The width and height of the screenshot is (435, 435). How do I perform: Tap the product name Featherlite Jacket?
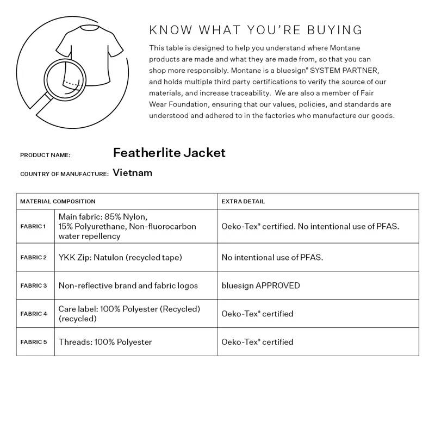[x=169, y=153]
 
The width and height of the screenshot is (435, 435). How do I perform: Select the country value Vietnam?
[x=133, y=173]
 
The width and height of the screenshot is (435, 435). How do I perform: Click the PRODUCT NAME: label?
[x=45, y=155]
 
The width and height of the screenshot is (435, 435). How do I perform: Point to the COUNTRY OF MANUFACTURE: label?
[x=64, y=174]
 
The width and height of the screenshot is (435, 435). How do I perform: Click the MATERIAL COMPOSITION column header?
[x=58, y=201]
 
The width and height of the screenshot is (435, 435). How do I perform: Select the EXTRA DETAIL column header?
[x=243, y=201]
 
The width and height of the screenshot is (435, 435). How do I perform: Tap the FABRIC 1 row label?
[x=33, y=226]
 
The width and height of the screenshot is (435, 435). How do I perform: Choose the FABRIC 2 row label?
[x=33, y=257]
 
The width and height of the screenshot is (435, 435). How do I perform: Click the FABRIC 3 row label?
[x=33, y=285]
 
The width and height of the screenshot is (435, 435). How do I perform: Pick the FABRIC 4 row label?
[x=33, y=314]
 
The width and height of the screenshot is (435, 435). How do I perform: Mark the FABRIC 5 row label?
[x=33, y=342]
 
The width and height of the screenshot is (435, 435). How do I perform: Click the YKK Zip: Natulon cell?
[x=120, y=257]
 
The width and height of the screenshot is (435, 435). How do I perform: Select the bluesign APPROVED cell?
[x=260, y=285]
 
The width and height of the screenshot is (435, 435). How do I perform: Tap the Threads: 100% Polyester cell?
[x=105, y=342]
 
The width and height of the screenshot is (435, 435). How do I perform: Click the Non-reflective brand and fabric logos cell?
[x=128, y=285]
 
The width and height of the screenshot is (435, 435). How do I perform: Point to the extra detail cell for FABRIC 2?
[x=272, y=257]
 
